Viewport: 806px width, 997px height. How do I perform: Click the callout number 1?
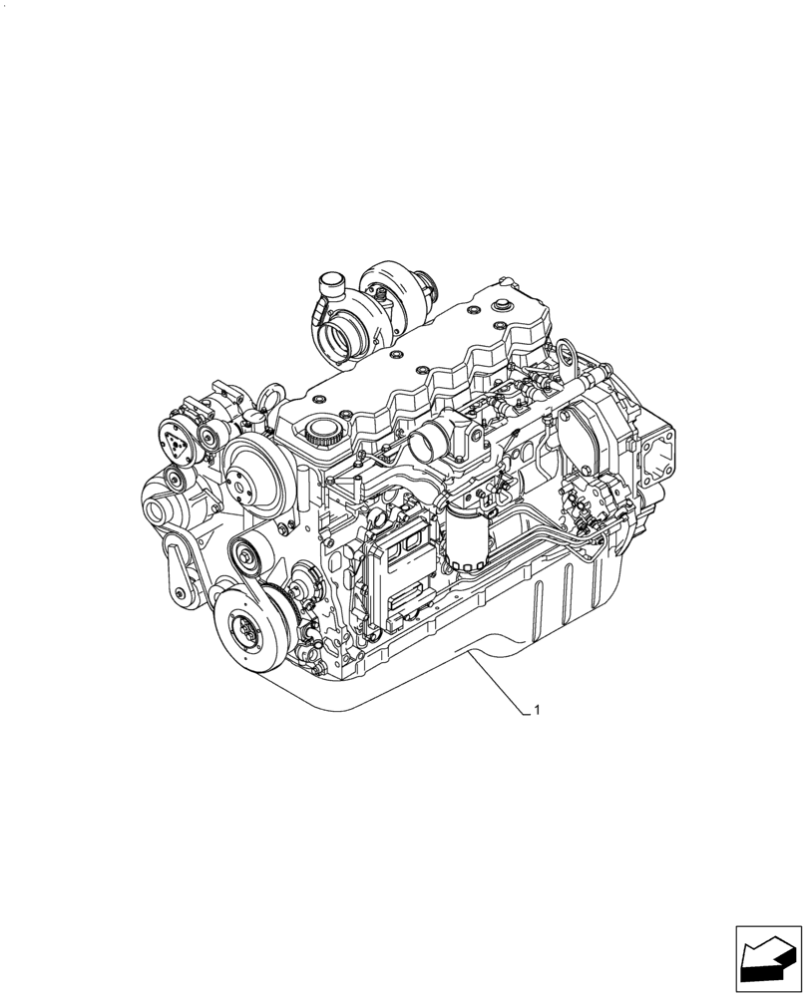coord(538,711)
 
